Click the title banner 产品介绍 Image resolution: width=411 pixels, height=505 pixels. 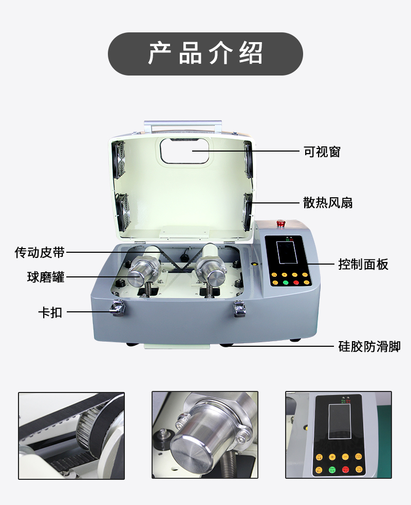(205, 53)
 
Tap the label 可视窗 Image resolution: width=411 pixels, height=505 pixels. (322, 152)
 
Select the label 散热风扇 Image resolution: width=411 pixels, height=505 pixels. (328, 203)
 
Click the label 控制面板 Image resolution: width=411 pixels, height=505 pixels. (363, 265)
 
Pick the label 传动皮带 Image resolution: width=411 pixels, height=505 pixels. (40, 252)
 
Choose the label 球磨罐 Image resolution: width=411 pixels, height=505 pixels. (46, 277)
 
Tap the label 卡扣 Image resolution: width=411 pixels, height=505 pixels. (50, 312)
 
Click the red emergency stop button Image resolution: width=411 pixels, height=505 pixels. (281, 223)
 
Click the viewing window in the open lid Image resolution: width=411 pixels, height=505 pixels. (184, 150)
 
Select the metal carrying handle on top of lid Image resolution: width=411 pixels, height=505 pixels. (183, 125)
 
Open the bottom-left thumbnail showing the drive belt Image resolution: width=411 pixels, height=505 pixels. (71, 436)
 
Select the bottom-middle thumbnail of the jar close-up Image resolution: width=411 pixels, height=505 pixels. (205, 436)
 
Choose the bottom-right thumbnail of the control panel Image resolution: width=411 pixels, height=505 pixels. (339, 436)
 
